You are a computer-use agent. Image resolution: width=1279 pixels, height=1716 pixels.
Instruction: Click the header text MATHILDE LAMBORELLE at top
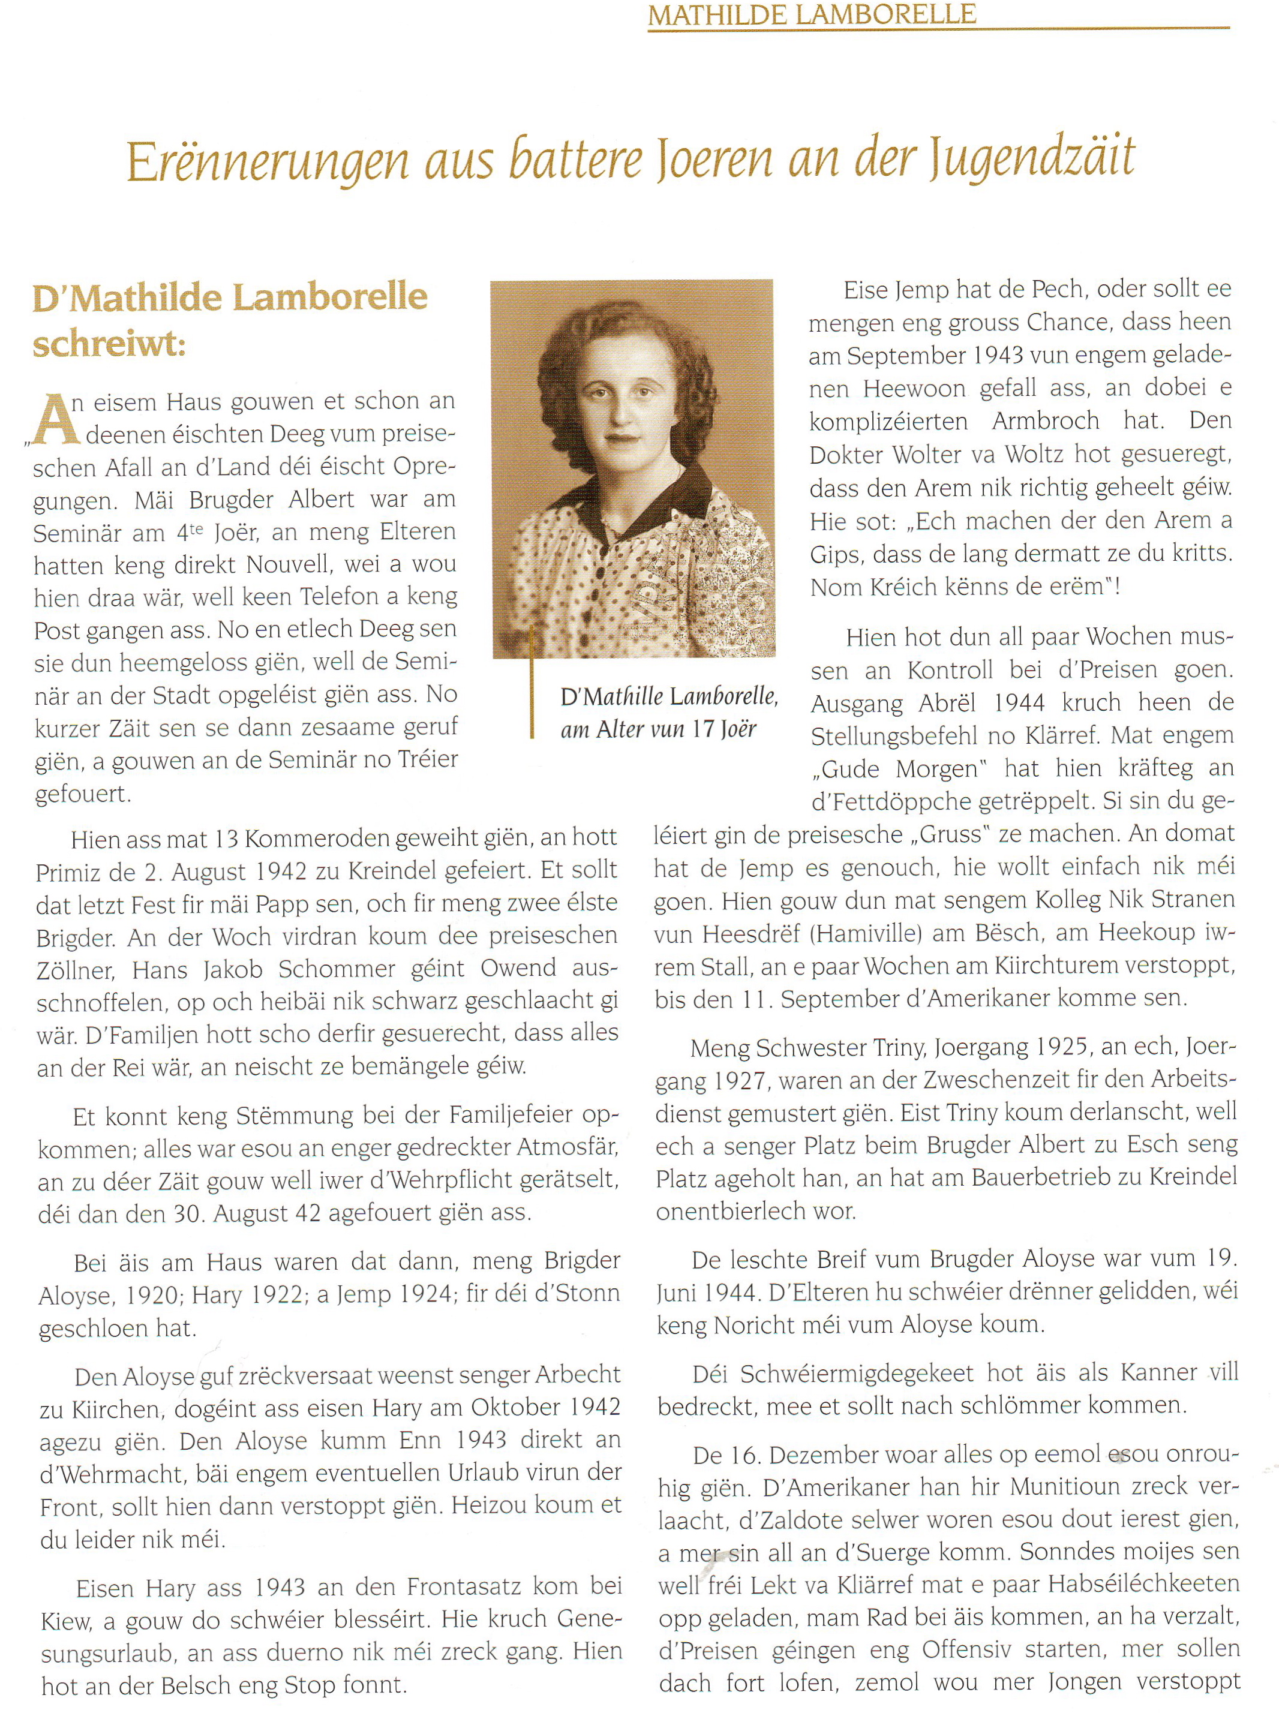812,14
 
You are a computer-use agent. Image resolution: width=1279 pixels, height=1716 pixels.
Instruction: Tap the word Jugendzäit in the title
1031,159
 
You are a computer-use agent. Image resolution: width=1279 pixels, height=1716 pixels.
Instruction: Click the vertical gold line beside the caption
532,681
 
